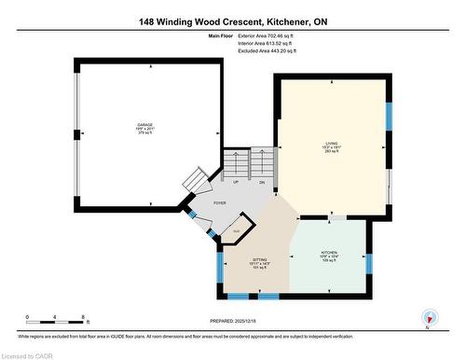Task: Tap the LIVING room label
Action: tap(331, 143)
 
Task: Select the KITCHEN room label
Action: tap(331, 254)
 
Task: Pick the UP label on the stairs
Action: tap(237, 183)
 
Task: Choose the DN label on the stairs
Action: tap(262, 183)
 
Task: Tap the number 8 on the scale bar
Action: tap(85, 317)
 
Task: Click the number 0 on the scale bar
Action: tap(28, 317)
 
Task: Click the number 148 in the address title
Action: tap(152, 20)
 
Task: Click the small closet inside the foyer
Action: tap(237, 229)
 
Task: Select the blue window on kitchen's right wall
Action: tap(369, 268)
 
